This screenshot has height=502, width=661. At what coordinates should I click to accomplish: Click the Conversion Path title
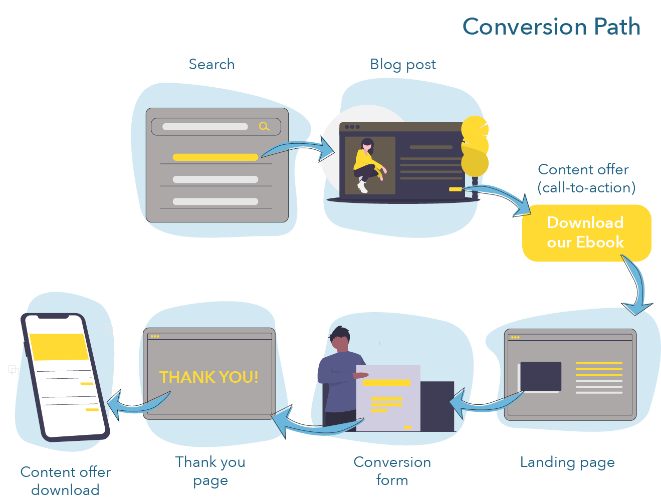pos(551,27)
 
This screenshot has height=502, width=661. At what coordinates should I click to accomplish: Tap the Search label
pos(211,64)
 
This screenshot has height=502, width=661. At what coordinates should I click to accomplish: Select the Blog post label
pos(403,65)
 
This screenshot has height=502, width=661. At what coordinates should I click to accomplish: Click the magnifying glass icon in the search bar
pos(264,127)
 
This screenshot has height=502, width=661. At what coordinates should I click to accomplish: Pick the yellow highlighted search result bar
pos(215,157)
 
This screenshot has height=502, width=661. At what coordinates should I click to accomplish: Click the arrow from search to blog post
pos(301,149)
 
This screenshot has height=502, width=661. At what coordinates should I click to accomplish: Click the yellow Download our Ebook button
pos(586,233)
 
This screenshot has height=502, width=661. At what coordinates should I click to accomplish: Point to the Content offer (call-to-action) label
pos(585,178)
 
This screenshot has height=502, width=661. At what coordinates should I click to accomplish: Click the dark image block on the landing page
pos(541,376)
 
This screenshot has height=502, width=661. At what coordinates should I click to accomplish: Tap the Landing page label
pos(567,462)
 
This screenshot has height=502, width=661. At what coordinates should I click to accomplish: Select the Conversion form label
pos(392,471)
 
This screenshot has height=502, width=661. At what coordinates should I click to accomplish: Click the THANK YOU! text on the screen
pos(208,377)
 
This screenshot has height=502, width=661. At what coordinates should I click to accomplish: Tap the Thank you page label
pos(210,471)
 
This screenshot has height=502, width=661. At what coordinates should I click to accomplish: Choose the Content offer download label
pos(65,481)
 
